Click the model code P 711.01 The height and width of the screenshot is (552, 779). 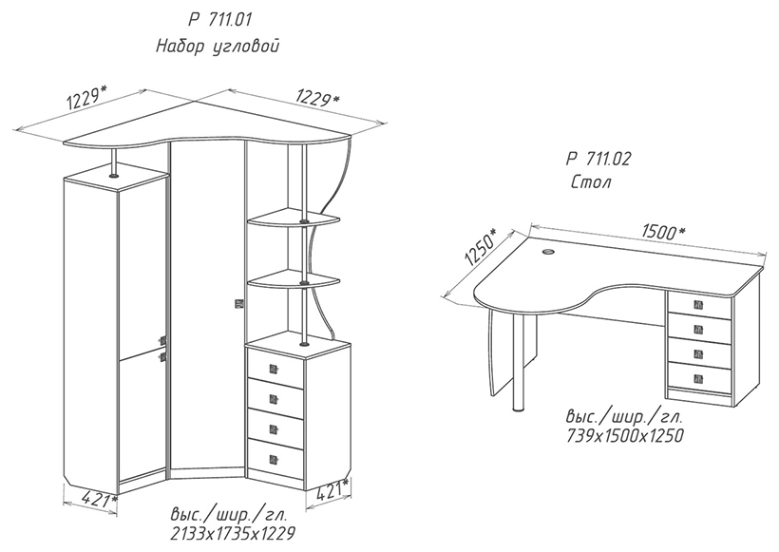220,20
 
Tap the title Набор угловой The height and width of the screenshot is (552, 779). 218,47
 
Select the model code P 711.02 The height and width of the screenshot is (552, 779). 598,160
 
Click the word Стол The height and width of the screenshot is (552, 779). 591,182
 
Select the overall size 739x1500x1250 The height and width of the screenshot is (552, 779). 625,436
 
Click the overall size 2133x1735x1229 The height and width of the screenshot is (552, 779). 233,534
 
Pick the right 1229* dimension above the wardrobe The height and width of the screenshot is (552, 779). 318,97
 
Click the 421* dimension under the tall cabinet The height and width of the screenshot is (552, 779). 99,499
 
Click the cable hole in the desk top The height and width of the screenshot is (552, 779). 548,253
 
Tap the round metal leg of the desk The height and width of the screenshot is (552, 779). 519,363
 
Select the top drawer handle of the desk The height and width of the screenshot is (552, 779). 698,305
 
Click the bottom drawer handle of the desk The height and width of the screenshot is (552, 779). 698,378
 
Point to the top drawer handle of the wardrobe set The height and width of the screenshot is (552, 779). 273,369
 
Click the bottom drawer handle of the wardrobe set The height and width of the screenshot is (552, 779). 273,459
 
